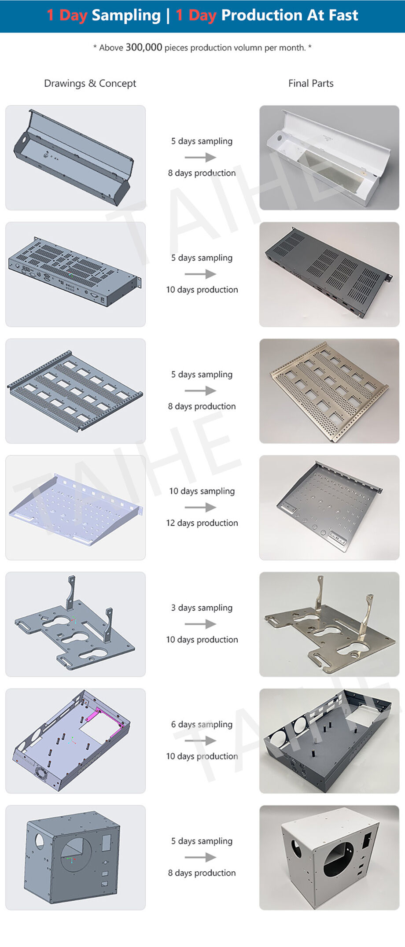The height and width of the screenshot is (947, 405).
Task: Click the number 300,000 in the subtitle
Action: tap(144, 47)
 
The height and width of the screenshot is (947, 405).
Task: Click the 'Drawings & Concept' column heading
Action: tap(90, 83)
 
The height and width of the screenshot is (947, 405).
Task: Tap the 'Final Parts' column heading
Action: tap(311, 83)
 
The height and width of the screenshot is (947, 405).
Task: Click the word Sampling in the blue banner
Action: tap(126, 15)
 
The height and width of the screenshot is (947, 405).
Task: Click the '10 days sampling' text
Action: tap(202, 491)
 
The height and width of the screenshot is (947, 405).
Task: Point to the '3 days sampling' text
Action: tap(202, 608)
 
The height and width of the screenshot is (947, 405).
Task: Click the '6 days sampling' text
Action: tap(202, 724)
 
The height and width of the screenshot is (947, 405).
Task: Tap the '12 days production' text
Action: tap(202, 523)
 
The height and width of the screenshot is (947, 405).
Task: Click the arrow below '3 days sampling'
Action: tap(200, 624)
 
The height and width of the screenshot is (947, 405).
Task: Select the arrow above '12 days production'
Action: tap(200, 507)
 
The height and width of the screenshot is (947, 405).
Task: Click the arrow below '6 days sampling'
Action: tap(200, 741)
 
